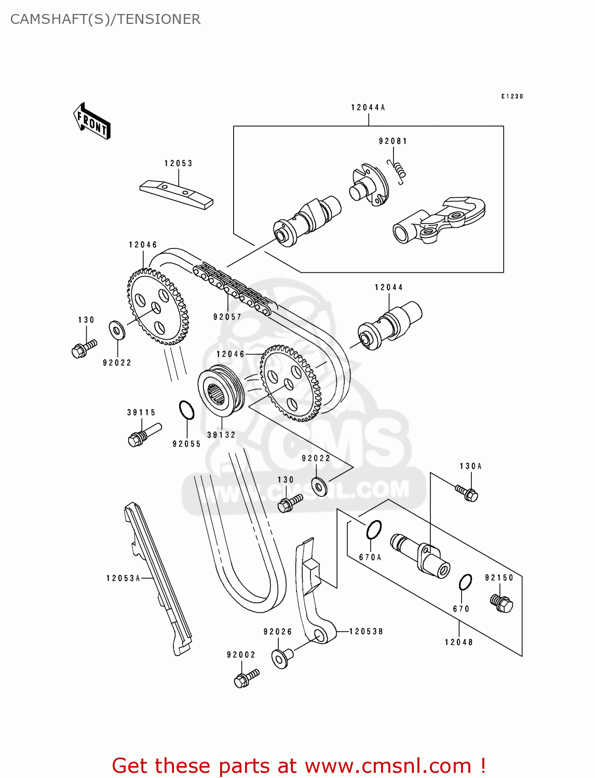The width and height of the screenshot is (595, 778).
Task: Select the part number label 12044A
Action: click(368, 107)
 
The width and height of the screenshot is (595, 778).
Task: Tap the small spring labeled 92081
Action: click(398, 170)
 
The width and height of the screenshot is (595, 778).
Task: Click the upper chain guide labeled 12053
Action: click(177, 193)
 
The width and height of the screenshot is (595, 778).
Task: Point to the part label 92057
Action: click(227, 317)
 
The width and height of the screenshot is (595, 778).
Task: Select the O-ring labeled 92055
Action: click(186, 410)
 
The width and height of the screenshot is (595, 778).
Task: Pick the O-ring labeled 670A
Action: click(373, 530)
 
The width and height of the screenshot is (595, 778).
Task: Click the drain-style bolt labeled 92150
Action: click(501, 602)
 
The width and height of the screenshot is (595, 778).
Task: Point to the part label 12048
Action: click(459, 642)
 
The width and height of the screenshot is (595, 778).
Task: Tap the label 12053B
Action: click(366, 631)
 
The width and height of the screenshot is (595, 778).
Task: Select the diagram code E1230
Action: click(512, 96)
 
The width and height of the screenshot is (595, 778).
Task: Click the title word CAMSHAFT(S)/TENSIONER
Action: click(105, 19)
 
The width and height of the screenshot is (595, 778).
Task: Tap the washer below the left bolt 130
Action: click(117, 330)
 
